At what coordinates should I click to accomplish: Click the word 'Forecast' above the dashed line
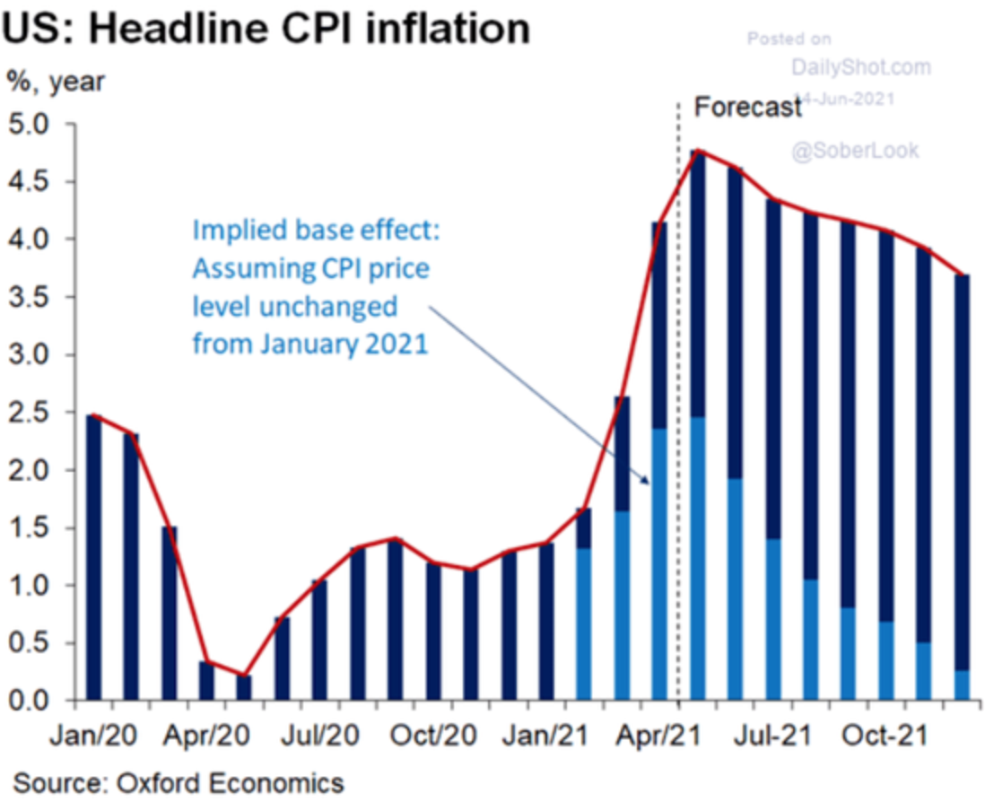pos(748,108)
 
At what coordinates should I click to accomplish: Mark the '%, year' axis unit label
pos(57,82)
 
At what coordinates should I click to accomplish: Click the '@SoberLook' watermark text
pos(855,151)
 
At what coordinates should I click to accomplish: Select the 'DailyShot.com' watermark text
pos(861,66)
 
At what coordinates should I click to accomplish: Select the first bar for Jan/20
pos(94,556)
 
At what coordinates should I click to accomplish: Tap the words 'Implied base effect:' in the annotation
pos(317,231)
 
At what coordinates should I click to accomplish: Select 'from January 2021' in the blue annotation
pos(309,344)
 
